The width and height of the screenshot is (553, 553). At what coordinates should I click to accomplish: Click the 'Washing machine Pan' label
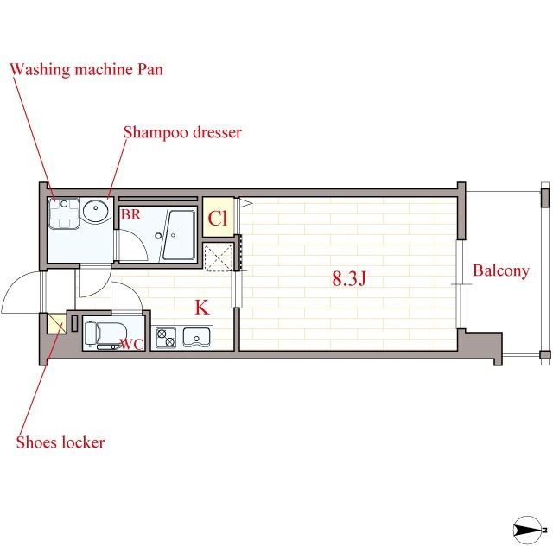point(86,69)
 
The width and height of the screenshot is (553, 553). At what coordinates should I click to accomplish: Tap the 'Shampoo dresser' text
point(182,132)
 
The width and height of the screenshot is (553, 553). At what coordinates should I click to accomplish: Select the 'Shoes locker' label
point(60,442)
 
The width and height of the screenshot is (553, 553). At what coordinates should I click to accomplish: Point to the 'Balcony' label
point(501,270)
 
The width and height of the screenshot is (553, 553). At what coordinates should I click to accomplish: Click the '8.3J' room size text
point(349,278)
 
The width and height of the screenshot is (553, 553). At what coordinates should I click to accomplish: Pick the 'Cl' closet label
point(218,219)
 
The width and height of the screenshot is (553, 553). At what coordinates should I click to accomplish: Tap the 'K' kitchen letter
point(202,308)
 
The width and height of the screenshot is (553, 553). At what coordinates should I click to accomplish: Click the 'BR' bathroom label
point(130,214)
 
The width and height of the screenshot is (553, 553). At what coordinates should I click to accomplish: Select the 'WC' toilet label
point(132,345)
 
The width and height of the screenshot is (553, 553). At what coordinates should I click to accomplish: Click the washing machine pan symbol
point(64,213)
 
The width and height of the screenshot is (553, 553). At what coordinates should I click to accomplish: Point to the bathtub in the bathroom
point(179,235)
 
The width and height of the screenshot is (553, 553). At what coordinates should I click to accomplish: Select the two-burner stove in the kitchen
point(166,338)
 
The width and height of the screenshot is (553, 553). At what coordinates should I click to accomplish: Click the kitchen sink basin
point(196,337)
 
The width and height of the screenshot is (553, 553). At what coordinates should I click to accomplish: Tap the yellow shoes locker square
point(57,323)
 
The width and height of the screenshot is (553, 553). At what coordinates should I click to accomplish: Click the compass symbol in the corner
point(528,530)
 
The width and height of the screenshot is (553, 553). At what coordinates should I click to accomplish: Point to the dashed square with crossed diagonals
point(219,257)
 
